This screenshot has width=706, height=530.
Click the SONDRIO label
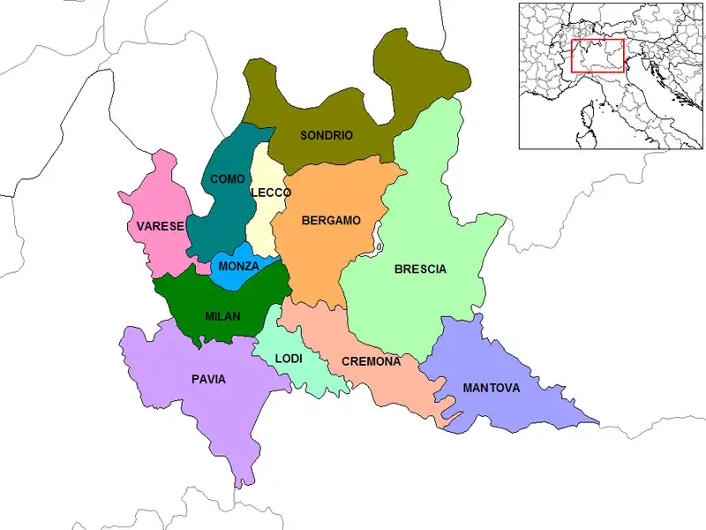pyautogui.click(x=327, y=135)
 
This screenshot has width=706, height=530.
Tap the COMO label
pyautogui.click(x=228, y=179)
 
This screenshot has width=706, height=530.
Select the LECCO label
pyautogui.click(x=270, y=193)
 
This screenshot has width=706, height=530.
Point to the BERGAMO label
pyautogui.click(x=331, y=221)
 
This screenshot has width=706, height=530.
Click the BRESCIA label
pyautogui.click(x=420, y=269)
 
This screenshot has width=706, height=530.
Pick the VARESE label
pyautogui.click(x=160, y=226)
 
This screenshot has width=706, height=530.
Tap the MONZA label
pyautogui.click(x=238, y=266)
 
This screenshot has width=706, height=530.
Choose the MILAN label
pyautogui.click(x=222, y=316)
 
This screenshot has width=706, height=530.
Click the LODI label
pyautogui.click(x=289, y=359)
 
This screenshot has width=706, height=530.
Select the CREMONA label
pyautogui.click(x=371, y=361)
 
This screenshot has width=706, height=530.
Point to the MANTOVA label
pyautogui.click(x=491, y=388)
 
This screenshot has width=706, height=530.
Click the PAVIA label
pyautogui.click(x=208, y=380)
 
